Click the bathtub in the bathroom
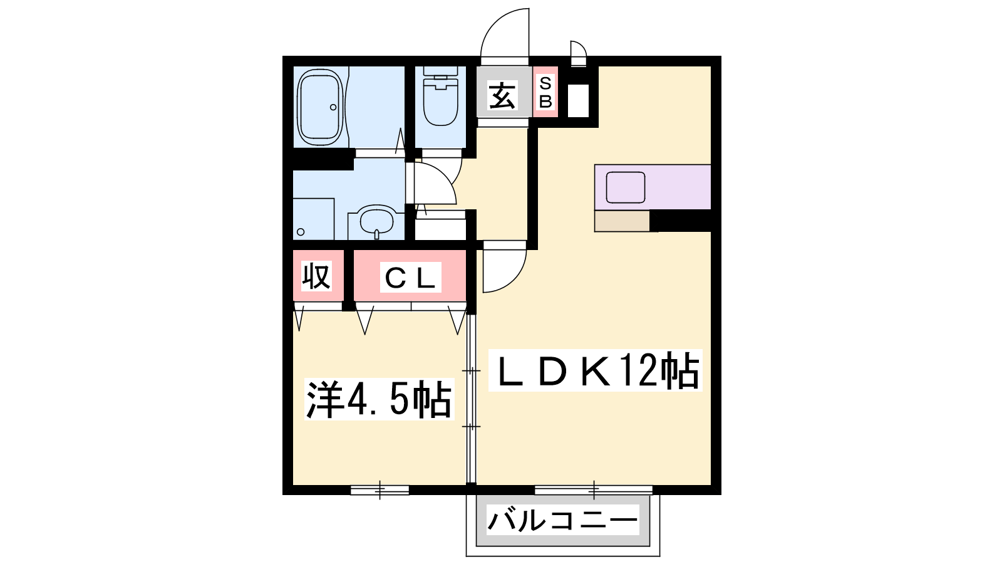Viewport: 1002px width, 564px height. (x=320, y=107)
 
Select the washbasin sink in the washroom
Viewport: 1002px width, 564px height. (x=376, y=221)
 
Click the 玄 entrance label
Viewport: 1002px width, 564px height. (x=502, y=95)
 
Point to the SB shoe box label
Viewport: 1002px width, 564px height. (x=545, y=92)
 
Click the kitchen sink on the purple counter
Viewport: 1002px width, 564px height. (x=626, y=187)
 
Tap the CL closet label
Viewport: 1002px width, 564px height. (x=410, y=278)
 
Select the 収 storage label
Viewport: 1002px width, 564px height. (x=316, y=276)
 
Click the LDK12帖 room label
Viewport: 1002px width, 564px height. (x=595, y=370)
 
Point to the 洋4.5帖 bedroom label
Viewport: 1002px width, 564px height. (x=380, y=399)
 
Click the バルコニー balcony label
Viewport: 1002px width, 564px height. (x=563, y=520)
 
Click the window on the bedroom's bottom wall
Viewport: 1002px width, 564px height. (x=380, y=490)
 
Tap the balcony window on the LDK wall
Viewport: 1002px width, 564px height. (x=594, y=490)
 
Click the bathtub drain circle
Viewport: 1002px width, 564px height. (x=333, y=107)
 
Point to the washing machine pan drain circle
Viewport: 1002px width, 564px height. (x=301, y=232)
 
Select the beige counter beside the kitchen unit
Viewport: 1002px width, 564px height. (x=622, y=221)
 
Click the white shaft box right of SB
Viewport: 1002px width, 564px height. (x=578, y=101)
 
